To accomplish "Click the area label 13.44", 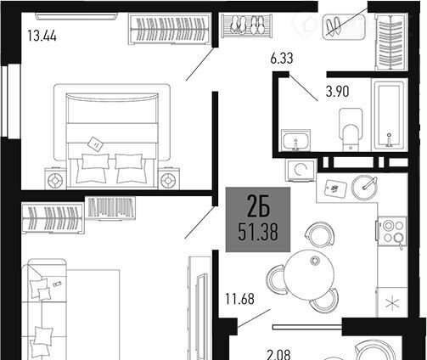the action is pos(42,37).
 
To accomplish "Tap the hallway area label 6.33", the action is pos(282,59).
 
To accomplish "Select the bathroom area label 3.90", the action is pos(337,92).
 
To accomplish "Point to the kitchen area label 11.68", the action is pos(239,299).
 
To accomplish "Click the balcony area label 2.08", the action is pos(278,354).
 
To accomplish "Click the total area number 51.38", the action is pos(258,232).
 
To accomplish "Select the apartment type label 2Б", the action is pos(258,206).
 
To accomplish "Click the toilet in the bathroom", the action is pos(351,130).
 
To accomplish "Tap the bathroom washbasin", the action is pos(295,140).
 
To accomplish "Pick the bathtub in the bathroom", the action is pos(389,115).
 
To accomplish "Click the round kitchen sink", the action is pos(364,188).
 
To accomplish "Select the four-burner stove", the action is pos(392,231).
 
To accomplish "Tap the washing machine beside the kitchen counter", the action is pos(301,170).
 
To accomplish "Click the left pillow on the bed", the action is pos(95,161).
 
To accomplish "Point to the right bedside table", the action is pos(169,179).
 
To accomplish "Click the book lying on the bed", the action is pos(95,144).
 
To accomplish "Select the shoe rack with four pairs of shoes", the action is pos(247,26).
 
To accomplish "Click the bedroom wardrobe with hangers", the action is pos(170,29).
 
